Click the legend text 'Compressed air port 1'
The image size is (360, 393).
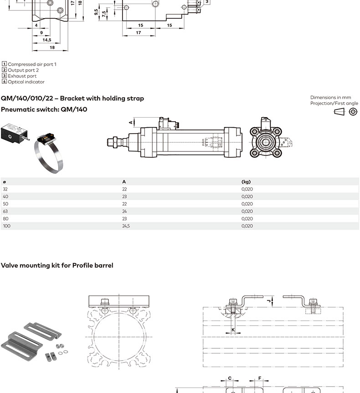(32, 64)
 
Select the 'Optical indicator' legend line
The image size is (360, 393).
(26, 82)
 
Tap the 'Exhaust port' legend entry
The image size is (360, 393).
(22, 76)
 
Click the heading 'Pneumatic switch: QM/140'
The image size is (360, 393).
(44, 109)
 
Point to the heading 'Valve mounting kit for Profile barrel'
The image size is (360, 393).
(57, 265)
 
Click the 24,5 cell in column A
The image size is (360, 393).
(126, 226)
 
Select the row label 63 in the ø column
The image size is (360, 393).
(5, 211)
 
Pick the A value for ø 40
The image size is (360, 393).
(124, 196)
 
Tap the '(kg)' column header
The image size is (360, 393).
(246, 182)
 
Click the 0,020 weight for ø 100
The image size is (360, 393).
(247, 226)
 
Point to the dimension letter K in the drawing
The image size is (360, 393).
(233, 330)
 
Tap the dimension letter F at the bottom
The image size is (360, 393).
(260, 378)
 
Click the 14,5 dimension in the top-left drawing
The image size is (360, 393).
(47, 40)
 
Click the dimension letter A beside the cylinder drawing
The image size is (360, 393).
(130, 122)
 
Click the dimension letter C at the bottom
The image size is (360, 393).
(230, 378)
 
